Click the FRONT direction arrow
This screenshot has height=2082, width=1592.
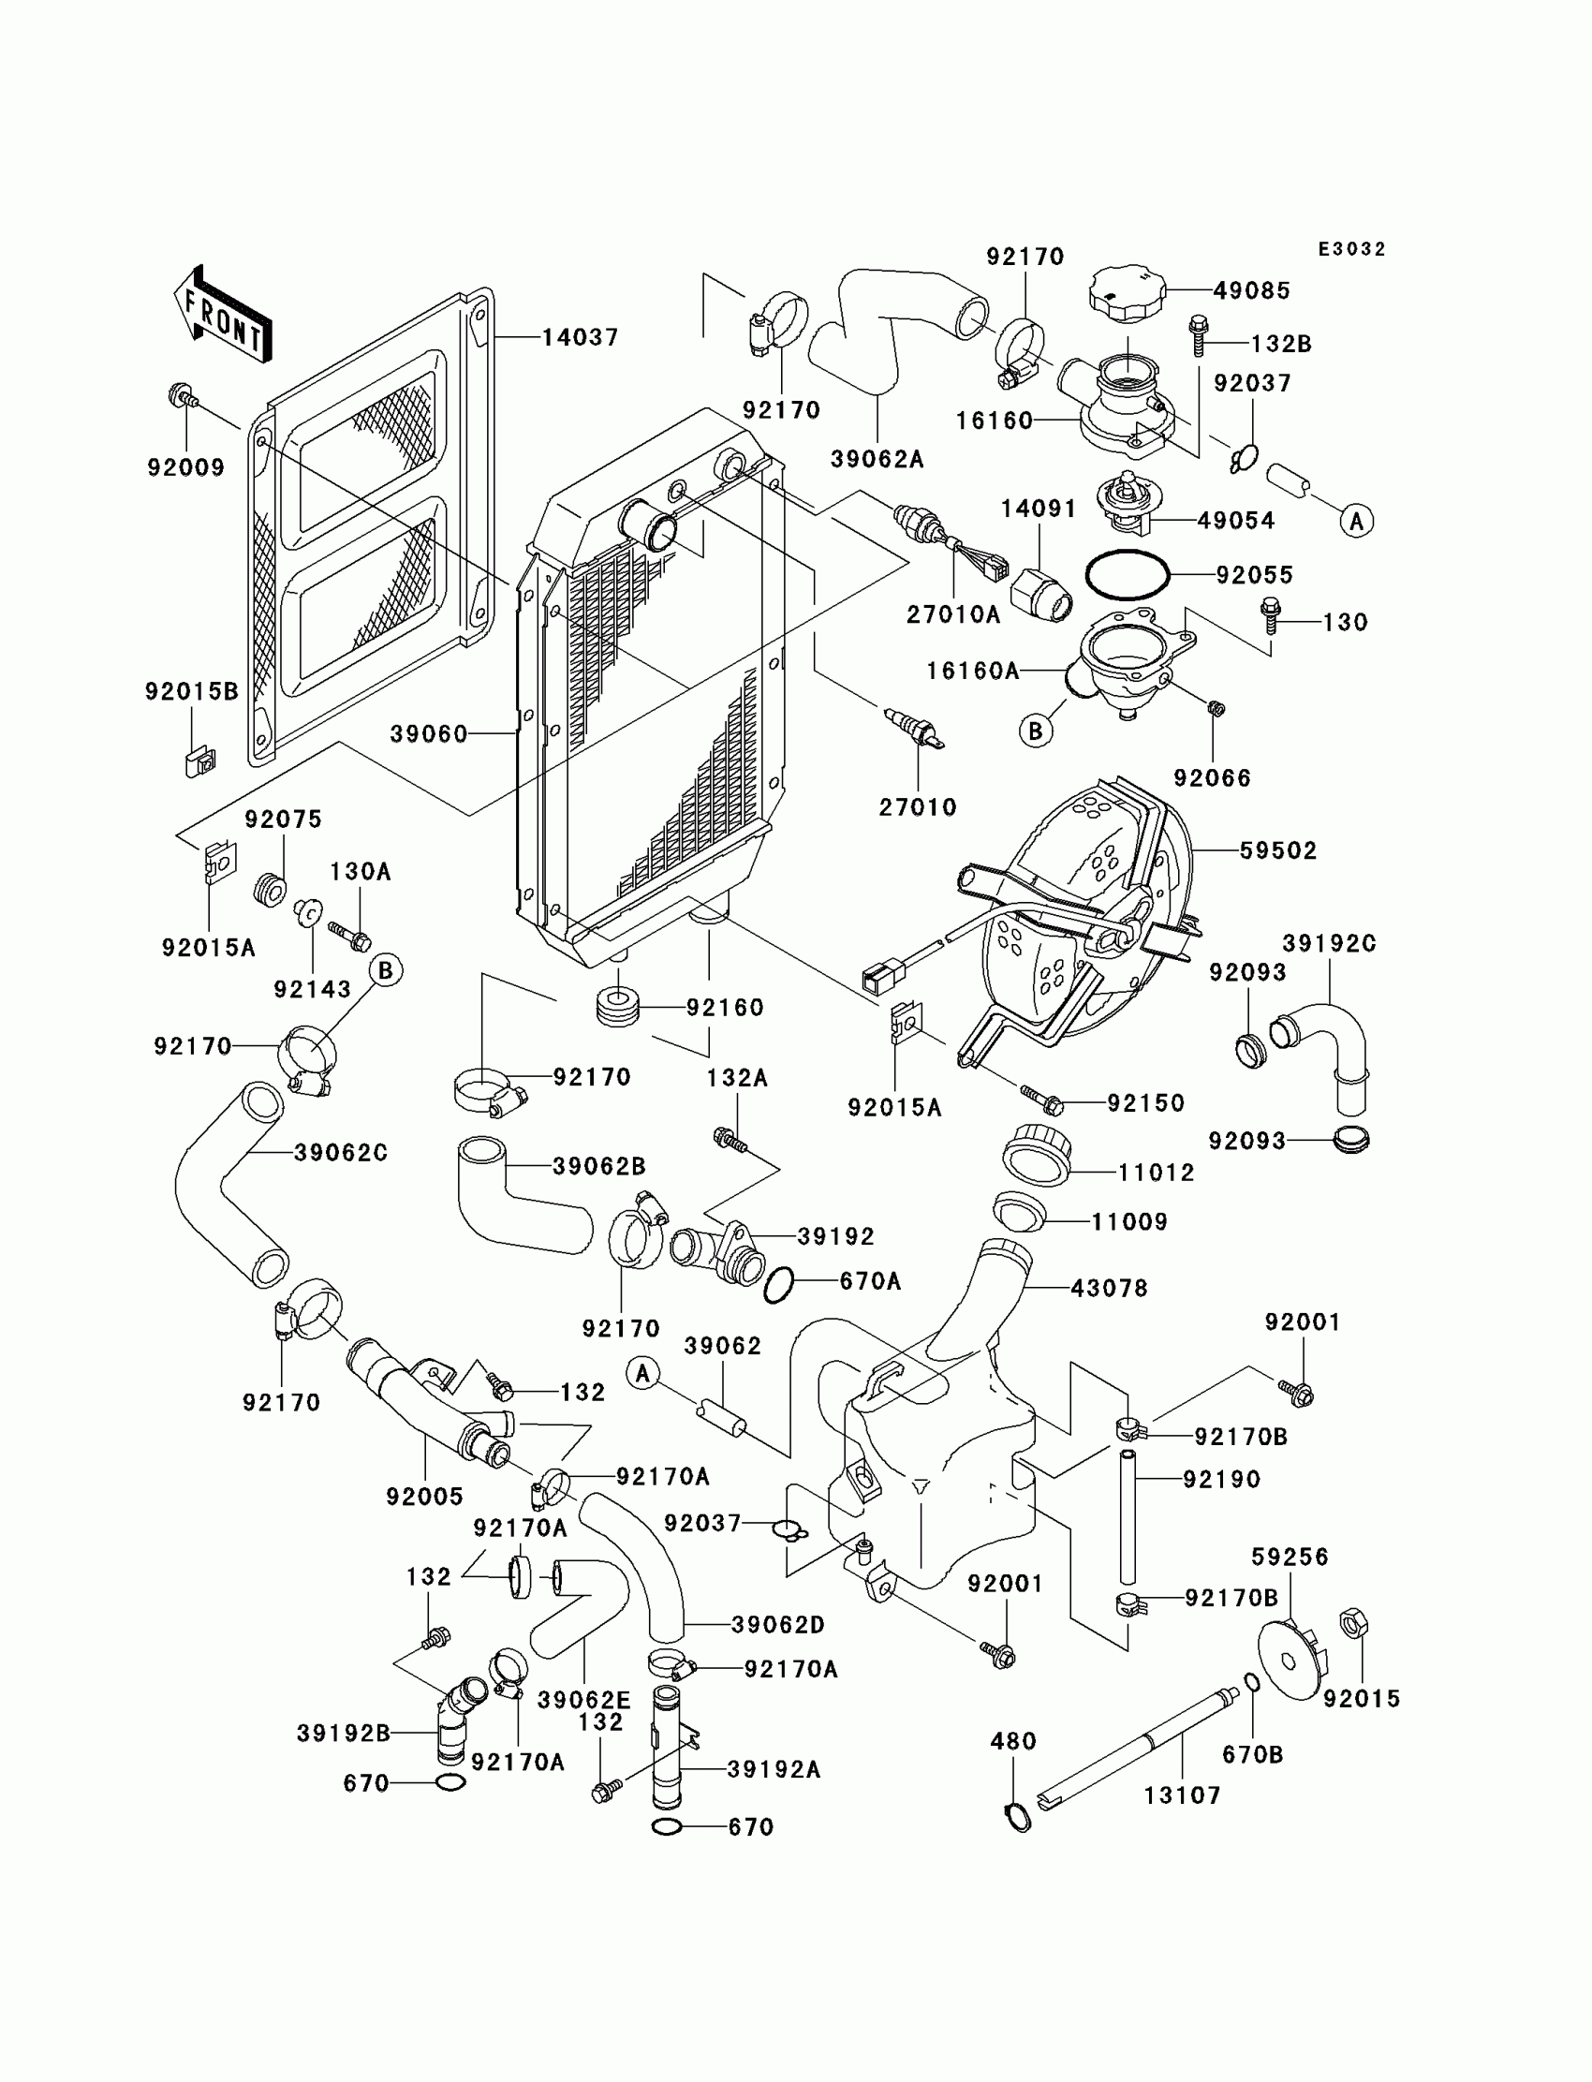click(224, 315)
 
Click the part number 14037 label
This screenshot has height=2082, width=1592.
click(580, 337)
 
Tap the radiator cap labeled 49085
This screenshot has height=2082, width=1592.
click(1128, 296)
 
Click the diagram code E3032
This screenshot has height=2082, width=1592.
click(1352, 249)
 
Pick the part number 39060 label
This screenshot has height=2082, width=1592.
click(429, 734)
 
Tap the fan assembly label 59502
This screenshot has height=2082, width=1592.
click(1278, 850)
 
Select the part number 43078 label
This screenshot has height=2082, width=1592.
click(1109, 1288)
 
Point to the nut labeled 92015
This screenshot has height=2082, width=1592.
click(1354, 1624)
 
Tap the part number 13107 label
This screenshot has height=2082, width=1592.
click(1183, 1794)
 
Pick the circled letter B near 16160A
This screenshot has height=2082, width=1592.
click(1036, 731)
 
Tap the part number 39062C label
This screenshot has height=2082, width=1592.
click(341, 1152)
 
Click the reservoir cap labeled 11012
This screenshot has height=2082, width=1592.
click(1037, 1153)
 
